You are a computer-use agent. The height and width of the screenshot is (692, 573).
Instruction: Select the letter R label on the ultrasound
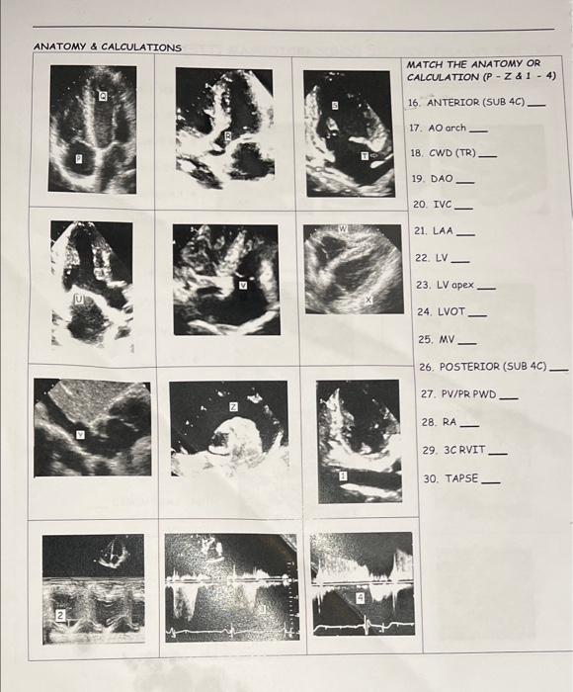click(227, 136)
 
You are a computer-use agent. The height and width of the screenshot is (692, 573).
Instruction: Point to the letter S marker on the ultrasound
click(335, 104)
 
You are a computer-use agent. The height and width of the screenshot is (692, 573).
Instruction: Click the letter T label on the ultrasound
click(365, 155)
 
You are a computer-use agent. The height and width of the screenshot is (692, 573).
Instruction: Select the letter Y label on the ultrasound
click(81, 433)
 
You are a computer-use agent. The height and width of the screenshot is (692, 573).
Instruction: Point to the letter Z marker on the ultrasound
click(234, 406)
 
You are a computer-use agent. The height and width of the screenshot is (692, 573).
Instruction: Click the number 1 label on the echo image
click(344, 476)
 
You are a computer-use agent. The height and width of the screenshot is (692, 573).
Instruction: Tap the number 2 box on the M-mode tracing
click(59, 615)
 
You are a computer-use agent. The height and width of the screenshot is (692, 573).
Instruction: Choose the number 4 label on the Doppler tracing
click(361, 597)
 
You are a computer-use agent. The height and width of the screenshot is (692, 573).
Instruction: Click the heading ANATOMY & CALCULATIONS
click(107, 46)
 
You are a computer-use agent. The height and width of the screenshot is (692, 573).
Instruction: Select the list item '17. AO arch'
click(437, 128)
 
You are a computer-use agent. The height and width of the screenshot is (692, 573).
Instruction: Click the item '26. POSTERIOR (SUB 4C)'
click(482, 366)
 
